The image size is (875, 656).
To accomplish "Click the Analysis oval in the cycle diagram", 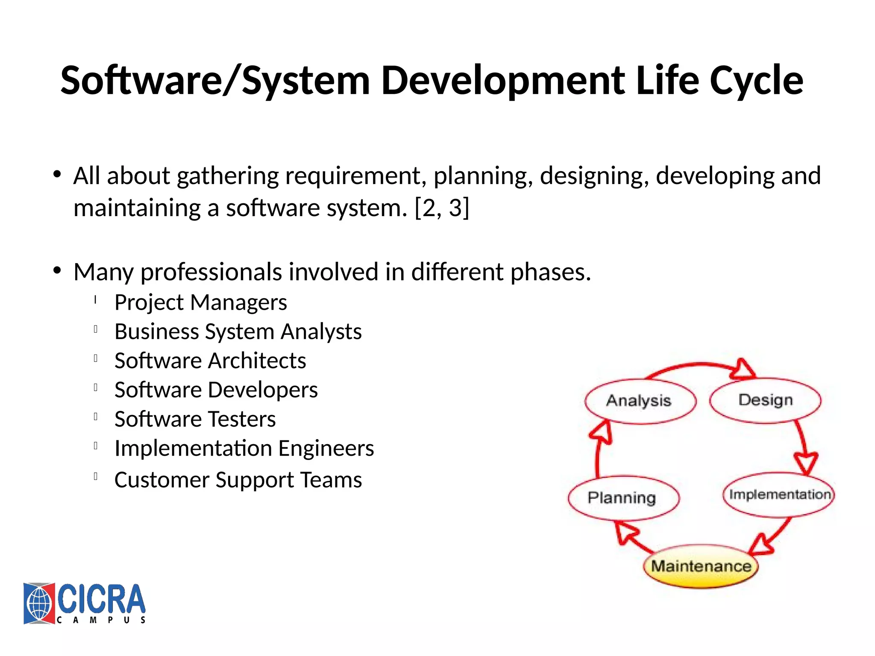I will (x=640, y=401).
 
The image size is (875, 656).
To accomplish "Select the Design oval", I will (x=765, y=400).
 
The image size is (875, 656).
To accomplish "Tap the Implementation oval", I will (x=779, y=495).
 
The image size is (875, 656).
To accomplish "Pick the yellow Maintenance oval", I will (x=701, y=566).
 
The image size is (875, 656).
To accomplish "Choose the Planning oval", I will (x=623, y=498).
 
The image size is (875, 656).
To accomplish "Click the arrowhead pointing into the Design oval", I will (x=743, y=370).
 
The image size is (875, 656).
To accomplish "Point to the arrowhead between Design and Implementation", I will (x=806, y=463).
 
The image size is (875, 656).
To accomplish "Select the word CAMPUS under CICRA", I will (x=101, y=620).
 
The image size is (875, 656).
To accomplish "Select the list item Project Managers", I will (x=200, y=302).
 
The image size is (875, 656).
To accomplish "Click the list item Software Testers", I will (x=195, y=419).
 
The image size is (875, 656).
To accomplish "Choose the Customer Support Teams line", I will (x=238, y=480).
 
